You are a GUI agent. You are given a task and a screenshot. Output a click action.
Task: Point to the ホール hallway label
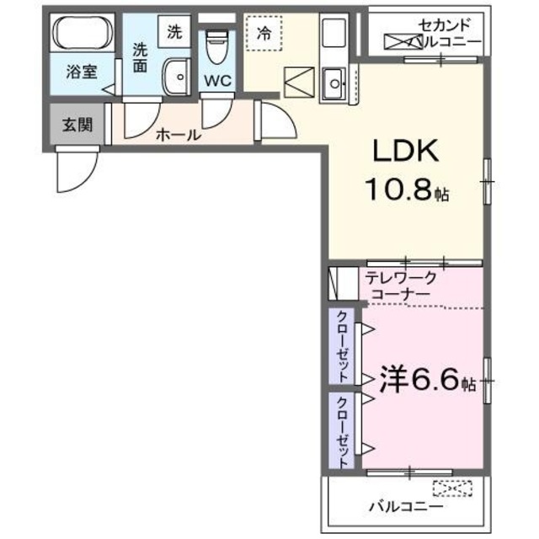178,134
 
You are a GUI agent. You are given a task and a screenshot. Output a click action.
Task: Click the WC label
217,82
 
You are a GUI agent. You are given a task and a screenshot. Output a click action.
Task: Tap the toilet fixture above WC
218,45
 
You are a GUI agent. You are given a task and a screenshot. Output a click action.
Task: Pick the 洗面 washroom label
139,56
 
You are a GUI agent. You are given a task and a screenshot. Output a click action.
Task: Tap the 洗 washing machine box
173,34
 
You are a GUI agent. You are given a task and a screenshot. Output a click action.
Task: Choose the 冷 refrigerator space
264,36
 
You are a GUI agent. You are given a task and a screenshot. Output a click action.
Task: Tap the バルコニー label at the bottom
404,507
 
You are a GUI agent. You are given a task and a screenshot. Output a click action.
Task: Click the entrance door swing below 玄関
74,168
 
